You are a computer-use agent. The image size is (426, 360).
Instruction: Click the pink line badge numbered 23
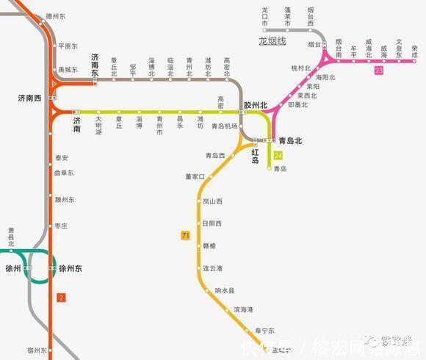378,71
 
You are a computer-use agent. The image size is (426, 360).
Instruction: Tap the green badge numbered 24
278,155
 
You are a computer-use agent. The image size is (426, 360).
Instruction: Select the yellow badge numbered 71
185,235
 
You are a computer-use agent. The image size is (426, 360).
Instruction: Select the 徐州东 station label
71,269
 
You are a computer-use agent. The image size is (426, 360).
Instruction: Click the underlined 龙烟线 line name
272,41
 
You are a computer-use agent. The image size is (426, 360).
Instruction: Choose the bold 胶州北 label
256,105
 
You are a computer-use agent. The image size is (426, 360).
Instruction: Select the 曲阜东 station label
64,173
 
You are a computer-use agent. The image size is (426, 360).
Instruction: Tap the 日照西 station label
212,223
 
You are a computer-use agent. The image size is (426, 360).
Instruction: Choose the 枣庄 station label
61,226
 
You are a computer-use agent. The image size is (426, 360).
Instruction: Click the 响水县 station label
225,291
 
